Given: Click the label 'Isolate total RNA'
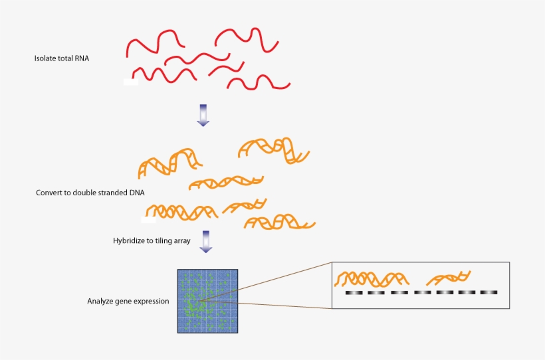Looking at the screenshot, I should pos(62,58).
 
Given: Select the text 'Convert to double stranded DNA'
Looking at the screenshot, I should pos(90,193).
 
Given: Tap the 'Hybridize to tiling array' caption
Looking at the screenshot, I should pos(152,240).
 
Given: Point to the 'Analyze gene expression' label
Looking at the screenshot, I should pos(128,301).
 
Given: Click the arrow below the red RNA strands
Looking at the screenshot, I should pos(203,114).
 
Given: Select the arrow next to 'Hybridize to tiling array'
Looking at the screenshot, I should pos(206,242).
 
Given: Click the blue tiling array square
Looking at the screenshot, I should pos(207,300).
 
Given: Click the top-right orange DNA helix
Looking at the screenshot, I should pos(274,149).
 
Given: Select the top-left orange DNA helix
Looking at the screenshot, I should pos(169,162).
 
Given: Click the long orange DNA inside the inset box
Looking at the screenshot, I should pos(372,278).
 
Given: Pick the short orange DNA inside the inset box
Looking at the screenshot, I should pos(449,278).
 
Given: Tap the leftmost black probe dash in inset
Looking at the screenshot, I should pos(352,292).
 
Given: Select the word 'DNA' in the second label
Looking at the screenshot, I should pos(138,193).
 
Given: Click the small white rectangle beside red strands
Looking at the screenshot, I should pos(130,82).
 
